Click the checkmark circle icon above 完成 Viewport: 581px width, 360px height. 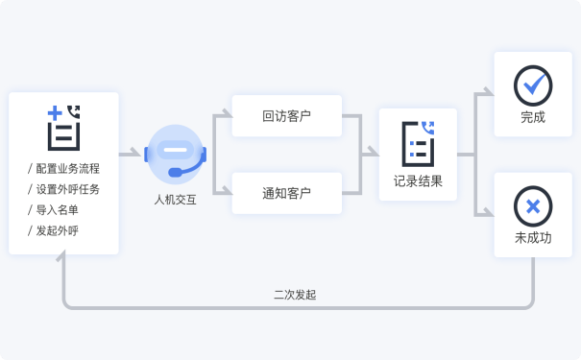pyautogui.click(x=533, y=85)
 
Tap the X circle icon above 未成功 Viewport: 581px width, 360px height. pyautogui.click(x=533, y=205)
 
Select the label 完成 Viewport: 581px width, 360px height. pyautogui.click(x=533, y=118)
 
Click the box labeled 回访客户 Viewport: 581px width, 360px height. pyautogui.click(x=287, y=117)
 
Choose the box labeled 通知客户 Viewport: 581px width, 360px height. pyautogui.click(x=287, y=193)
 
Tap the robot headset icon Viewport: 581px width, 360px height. pyautogui.click(x=175, y=155)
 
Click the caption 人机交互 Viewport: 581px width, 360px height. pyautogui.click(x=175, y=201)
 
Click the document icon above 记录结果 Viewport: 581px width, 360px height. pyautogui.click(x=419, y=143)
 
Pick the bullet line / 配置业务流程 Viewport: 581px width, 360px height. pyautogui.click(x=64, y=168)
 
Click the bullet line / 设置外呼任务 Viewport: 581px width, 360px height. pyautogui.click(x=64, y=189)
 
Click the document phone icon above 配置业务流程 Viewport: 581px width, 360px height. pyautogui.click(x=63, y=127)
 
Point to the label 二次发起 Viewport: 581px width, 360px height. pyautogui.click(x=295, y=295)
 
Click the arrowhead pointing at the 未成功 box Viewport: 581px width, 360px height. pyautogui.click(x=487, y=213)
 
